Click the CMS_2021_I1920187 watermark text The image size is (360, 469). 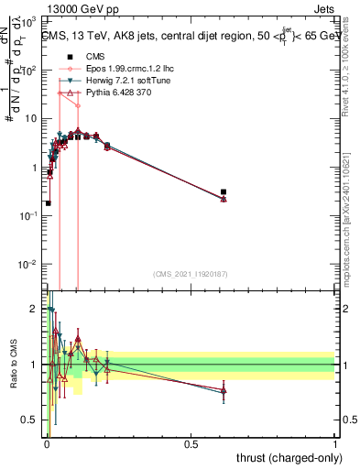(x=190, y=274)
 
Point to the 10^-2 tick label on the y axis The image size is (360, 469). (x=30, y=264)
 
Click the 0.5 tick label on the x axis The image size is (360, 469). (x=191, y=443)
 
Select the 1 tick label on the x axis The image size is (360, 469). (x=335, y=443)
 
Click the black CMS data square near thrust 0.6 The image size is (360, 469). (x=224, y=192)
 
